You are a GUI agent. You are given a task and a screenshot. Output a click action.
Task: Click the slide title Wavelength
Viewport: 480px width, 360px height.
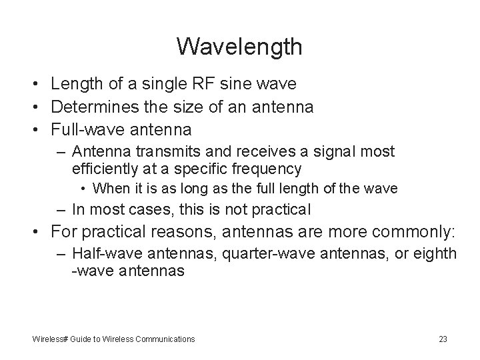(x=239, y=47)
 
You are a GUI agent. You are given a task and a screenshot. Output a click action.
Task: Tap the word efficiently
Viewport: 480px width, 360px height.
(x=103, y=168)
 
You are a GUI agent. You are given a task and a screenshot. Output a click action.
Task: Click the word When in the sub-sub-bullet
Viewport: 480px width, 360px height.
(x=108, y=189)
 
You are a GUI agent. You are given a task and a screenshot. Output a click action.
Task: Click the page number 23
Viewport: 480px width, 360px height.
(x=443, y=339)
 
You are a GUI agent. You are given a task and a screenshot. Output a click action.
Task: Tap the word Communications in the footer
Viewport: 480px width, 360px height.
(x=165, y=339)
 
